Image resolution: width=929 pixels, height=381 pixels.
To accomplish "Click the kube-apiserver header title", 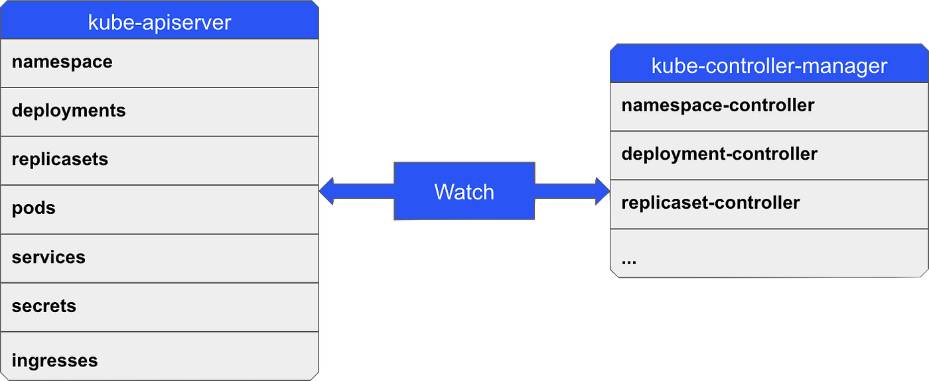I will [159, 22].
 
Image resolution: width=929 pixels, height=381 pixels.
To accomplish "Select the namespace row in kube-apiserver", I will [159, 62].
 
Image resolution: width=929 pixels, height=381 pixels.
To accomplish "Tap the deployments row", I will [159, 111].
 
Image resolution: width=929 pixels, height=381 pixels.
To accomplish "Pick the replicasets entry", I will [159, 160].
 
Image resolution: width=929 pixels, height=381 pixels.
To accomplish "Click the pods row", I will [159, 209].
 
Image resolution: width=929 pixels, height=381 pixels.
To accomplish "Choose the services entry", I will [159, 258].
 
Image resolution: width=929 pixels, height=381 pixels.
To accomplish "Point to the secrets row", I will [159, 307].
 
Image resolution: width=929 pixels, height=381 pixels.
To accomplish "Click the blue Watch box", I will [464, 191].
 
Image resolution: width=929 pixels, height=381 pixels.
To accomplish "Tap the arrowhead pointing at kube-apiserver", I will [327, 191].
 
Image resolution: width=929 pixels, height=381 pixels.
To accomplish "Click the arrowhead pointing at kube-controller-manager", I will [602, 191].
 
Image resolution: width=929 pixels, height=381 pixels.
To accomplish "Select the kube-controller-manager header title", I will [769, 66].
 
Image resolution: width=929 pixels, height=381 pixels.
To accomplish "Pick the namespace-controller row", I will [769, 106].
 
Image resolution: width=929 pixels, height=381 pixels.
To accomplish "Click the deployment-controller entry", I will [769, 154].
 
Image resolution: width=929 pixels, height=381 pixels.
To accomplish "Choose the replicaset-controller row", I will [769, 203].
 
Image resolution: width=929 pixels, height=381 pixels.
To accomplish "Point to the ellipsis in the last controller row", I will [629, 260].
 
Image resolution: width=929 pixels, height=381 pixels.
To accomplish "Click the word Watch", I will [464, 192].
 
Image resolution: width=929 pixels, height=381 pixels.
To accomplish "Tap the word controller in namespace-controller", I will [772, 105].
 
